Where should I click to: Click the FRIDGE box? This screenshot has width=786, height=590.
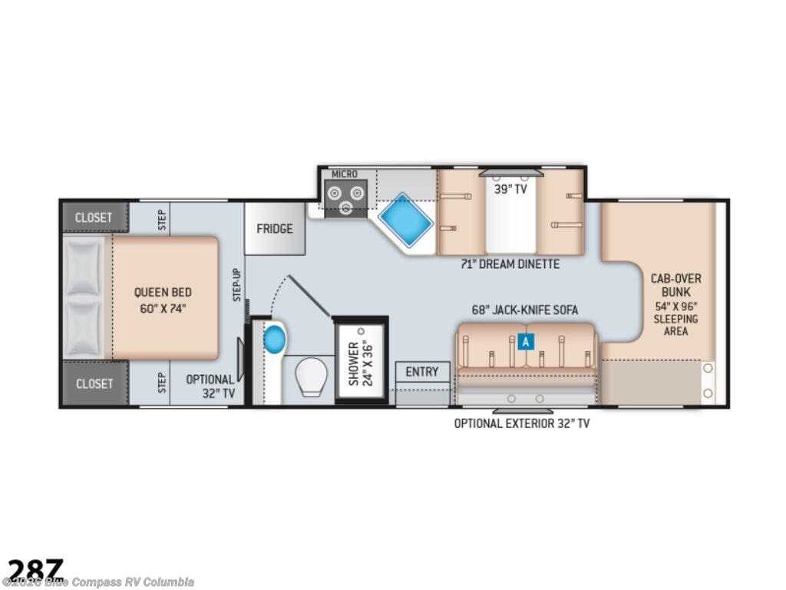pyautogui.click(x=274, y=229)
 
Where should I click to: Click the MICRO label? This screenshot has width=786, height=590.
pyautogui.click(x=344, y=174)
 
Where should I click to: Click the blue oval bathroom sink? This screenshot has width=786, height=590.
pyautogui.click(x=274, y=338)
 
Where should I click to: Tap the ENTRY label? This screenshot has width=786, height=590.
pyautogui.click(x=422, y=372)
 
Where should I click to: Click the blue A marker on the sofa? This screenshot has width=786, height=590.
pyautogui.click(x=525, y=342)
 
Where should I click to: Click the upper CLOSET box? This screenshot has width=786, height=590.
pyautogui.click(x=94, y=217)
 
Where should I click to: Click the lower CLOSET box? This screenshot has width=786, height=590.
pyautogui.click(x=94, y=383)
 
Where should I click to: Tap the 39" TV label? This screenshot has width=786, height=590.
pyautogui.click(x=510, y=189)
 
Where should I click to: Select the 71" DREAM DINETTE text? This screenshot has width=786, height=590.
pyautogui.click(x=510, y=264)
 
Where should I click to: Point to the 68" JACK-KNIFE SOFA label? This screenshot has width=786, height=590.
pyautogui.click(x=525, y=310)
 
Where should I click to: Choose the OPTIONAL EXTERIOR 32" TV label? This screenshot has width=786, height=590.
pyautogui.click(x=521, y=423)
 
